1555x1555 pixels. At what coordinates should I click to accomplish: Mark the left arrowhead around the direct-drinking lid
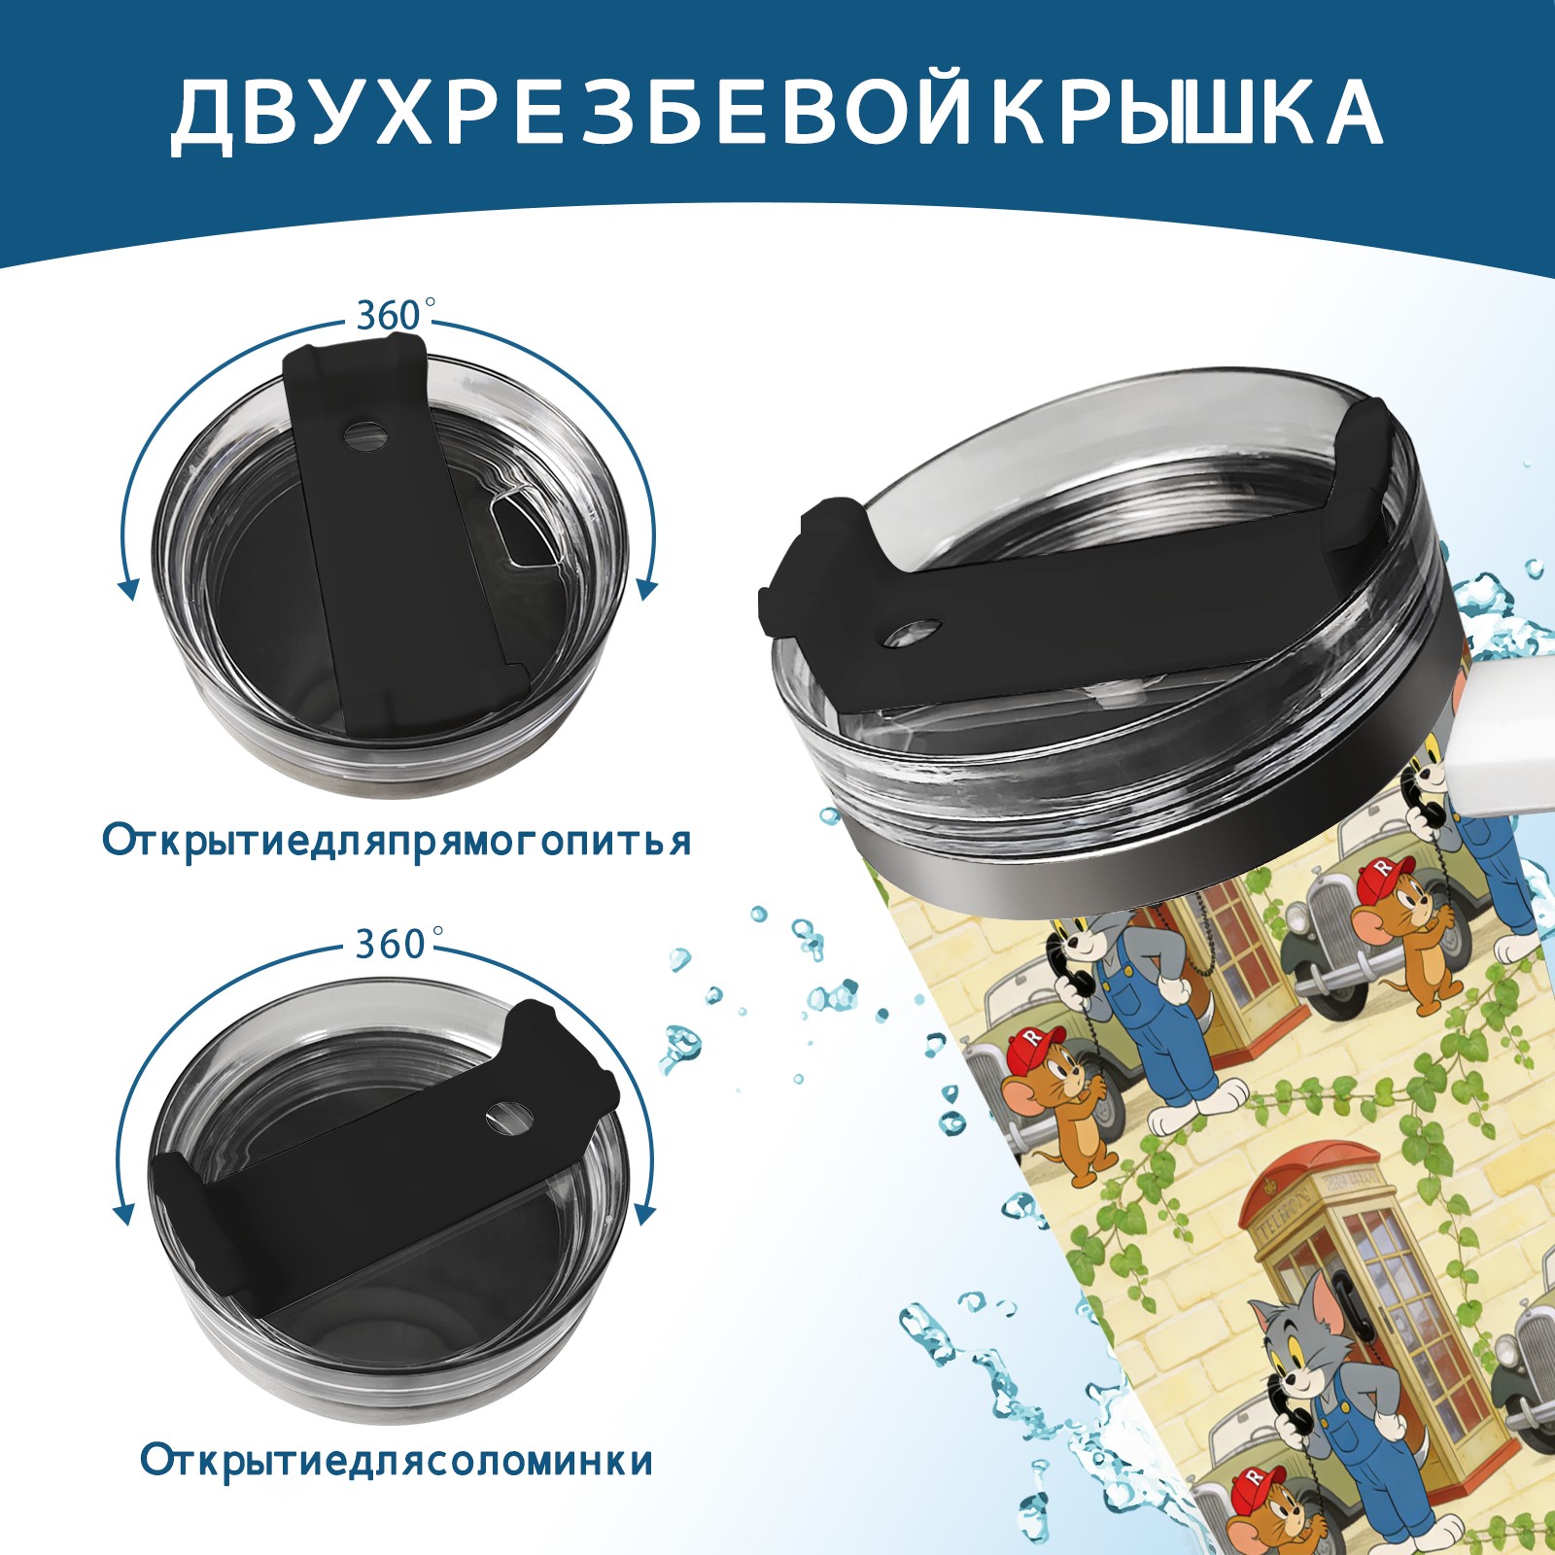click(127, 588)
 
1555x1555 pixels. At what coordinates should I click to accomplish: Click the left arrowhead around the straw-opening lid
click(123, 1214)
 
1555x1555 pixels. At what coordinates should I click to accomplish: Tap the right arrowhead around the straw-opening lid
click(644, 1214)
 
